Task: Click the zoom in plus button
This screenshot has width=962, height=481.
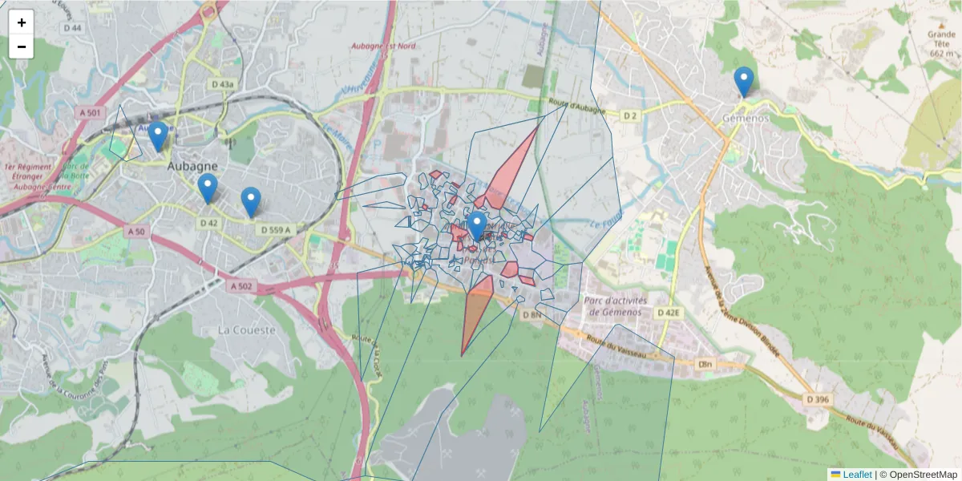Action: point(22,22)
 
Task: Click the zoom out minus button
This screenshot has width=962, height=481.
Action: point(22,46)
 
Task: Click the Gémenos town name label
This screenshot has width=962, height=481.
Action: point(746,118)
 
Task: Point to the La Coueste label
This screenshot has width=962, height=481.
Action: point(246,329)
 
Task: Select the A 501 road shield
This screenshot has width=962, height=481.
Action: point(91,113)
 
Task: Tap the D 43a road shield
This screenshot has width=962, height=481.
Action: point(223,84)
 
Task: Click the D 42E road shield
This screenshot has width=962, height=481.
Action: point(668,312)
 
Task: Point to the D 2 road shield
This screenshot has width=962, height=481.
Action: point(629,116)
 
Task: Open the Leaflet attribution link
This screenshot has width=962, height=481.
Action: point(856,475)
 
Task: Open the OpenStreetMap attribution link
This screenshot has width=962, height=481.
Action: point(923,475)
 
